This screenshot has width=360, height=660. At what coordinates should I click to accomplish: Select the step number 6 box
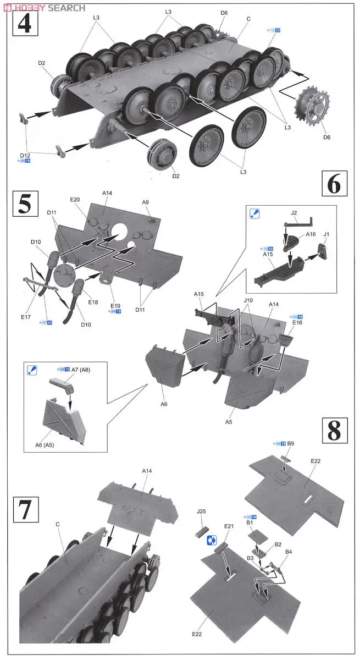pyautogui.click(x=334, y=185)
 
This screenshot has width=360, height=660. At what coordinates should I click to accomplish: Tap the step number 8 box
pyautogui.click(x=334, y=431)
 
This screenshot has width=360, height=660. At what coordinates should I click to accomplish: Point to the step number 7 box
pyautogui.click(x=25, y=510)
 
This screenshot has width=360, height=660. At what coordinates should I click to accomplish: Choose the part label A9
pyautogui.click(x=146, y=202)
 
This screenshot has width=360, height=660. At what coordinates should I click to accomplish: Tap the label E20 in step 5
pyautogui.click(x=75, y=199)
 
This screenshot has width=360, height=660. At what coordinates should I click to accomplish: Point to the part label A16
pyautogui.click(x=311, y=234)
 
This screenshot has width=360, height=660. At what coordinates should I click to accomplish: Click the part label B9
pyautogui.click(x=291, y=443)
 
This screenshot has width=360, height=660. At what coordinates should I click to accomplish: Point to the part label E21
pyautogui.click(x=229, y=526)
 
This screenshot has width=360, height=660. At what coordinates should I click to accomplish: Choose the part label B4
pyautogui.click(x=289, y=551)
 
